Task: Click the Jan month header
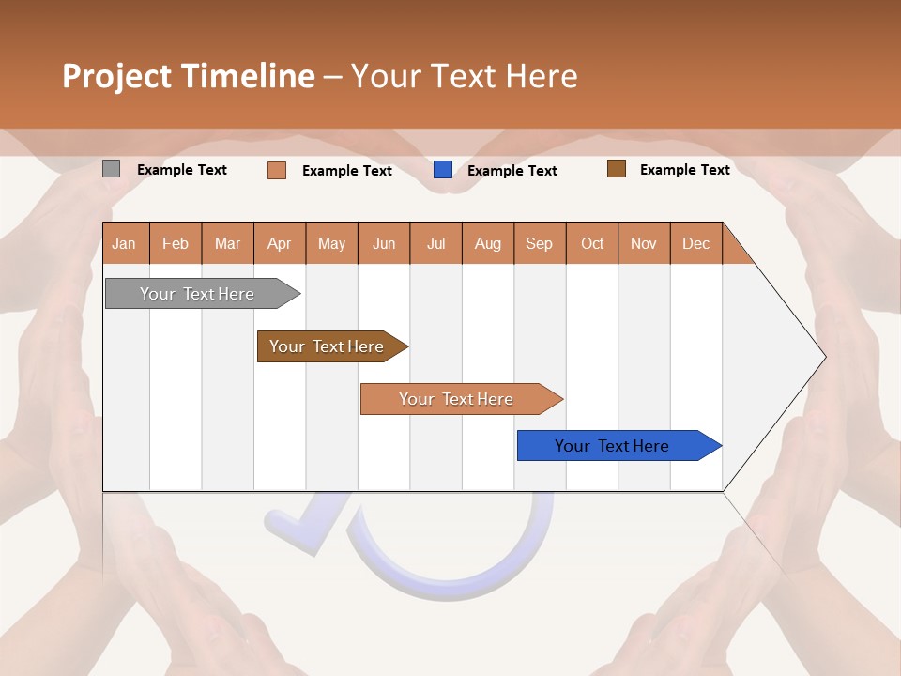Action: [x=125, y=243]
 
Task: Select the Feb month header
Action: [x=176, y=243]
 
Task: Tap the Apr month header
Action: [x=280, y=243]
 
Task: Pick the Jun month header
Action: [x=384, y=243]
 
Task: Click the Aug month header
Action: [x=488, y=243]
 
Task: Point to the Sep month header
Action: [x=540, y=243]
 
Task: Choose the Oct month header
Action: [x=592, y=243]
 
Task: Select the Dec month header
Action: [x=696, y=243]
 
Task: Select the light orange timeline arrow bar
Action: [x=458, y=399]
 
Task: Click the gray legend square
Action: [x=112, y=169]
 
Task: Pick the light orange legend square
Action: [x=277, y=170]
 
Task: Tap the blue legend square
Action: [x=443, y=170]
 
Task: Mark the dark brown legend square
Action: [x=617, y=169]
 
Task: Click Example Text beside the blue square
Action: [x=512, y=171]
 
